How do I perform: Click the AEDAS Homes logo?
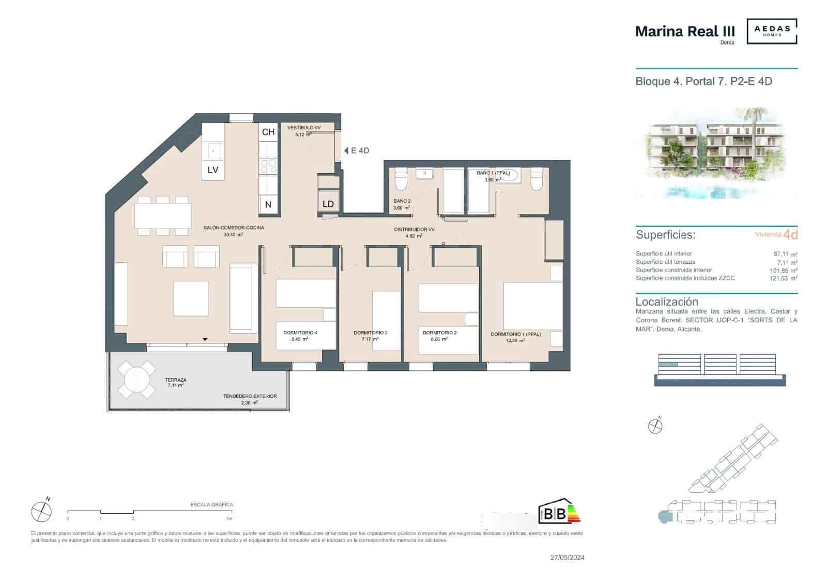coord(772,31)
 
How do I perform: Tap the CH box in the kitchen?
coord(268,132)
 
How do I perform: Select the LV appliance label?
coord(213,170)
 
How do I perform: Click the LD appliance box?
coord(328,204)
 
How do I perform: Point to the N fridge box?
coord(268,204)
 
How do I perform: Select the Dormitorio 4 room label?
coord(300,333)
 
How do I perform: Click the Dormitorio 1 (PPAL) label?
coord(515,334)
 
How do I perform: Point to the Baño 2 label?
coord(402,201)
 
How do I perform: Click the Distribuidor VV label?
coord(414,229)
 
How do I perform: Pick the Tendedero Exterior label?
coord(250,396)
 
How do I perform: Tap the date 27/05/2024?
coord(567,558)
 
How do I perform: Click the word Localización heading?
coord(666,302)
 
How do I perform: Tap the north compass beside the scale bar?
coord(41,512)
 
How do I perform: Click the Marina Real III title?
coord(684,31)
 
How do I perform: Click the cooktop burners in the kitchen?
coord(268,166)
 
